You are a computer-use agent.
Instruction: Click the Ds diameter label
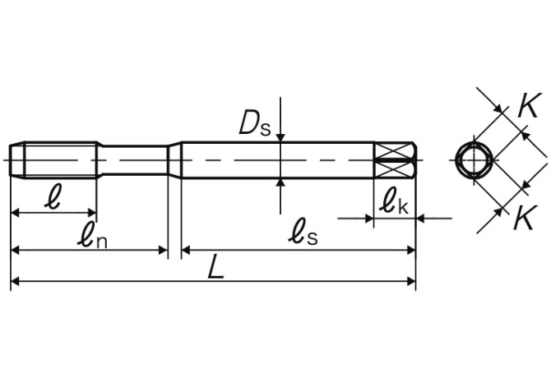click(253, 123)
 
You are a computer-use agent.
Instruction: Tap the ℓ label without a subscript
click(53, 199)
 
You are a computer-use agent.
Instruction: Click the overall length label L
click(215, 268)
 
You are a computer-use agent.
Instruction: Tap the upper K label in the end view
click(528, 104)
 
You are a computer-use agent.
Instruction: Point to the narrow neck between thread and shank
click(136, 158)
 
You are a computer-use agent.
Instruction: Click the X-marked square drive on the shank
click(396, 158)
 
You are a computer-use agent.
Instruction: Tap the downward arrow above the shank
click(281, 133)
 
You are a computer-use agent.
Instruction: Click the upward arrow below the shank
click(281, 183)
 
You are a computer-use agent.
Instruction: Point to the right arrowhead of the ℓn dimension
click(162, 249)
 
